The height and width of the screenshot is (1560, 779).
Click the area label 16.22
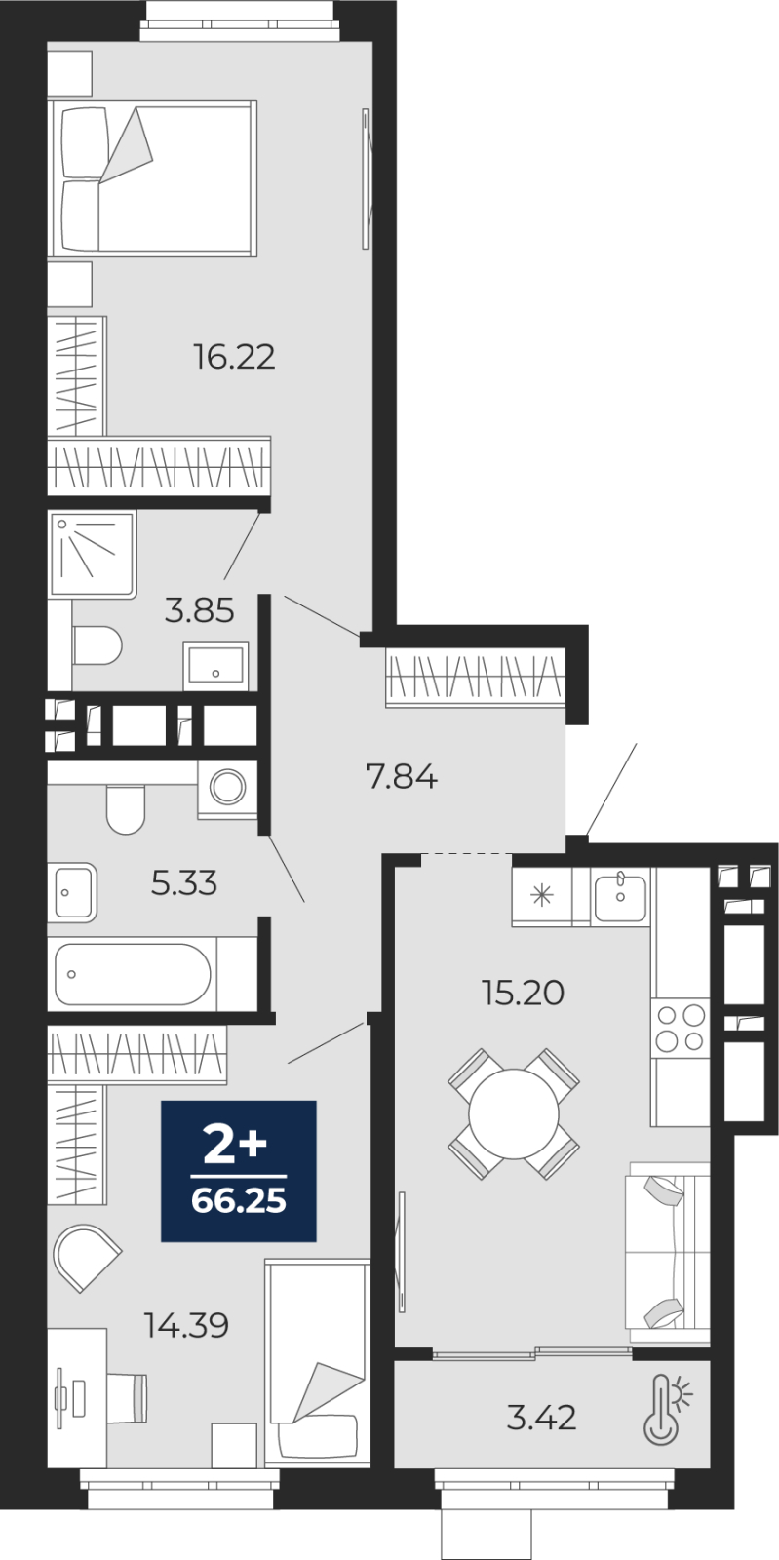point(235,357)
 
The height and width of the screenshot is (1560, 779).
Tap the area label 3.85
point(199,610)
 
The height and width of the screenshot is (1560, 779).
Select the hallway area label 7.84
point(403,776)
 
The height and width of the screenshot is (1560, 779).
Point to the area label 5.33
point(184,883)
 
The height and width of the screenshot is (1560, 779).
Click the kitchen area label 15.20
point(524,993)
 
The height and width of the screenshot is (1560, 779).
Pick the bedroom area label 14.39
point(186,1325)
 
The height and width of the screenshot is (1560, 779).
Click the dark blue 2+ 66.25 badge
point(239,1181)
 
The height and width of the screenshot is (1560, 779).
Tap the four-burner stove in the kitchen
point(681,1028)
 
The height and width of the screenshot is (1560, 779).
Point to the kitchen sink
point(621,896)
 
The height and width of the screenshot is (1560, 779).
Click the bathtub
point(133,974)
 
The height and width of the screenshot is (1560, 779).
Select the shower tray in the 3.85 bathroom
point(92,554)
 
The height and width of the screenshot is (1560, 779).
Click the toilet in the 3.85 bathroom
point(97,644)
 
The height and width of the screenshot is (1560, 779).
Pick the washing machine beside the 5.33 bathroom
point(227,789)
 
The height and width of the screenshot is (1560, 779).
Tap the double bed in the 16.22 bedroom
point(152,179)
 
